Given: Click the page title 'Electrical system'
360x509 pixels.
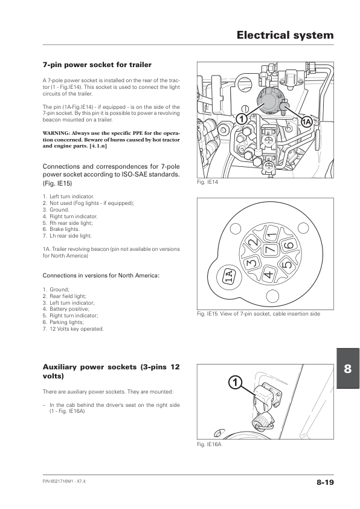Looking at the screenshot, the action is click(285, 35).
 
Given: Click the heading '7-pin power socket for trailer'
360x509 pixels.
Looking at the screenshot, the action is click(97, 65).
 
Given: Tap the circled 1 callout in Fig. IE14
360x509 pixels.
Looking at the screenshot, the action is click(241, 119).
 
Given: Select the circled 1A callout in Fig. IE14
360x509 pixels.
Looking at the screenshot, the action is click(306, 122).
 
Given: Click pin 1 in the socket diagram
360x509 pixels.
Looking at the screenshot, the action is click(272, 235).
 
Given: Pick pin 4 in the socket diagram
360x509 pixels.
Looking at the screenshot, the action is click(269, 274).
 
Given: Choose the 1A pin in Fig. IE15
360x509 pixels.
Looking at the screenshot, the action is click(229, 276).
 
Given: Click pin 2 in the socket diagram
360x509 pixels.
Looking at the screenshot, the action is click(254, 242).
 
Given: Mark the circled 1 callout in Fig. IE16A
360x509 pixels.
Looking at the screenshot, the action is click(235, 382).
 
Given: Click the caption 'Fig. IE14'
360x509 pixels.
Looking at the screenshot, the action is click(208, 182).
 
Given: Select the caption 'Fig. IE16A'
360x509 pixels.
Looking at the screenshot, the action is click(209, 444).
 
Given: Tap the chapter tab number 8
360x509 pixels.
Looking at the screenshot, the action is click(348, 369).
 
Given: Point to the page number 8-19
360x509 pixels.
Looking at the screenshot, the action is click(325, 482).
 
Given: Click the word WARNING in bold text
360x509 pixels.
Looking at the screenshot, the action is click(56, 133).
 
